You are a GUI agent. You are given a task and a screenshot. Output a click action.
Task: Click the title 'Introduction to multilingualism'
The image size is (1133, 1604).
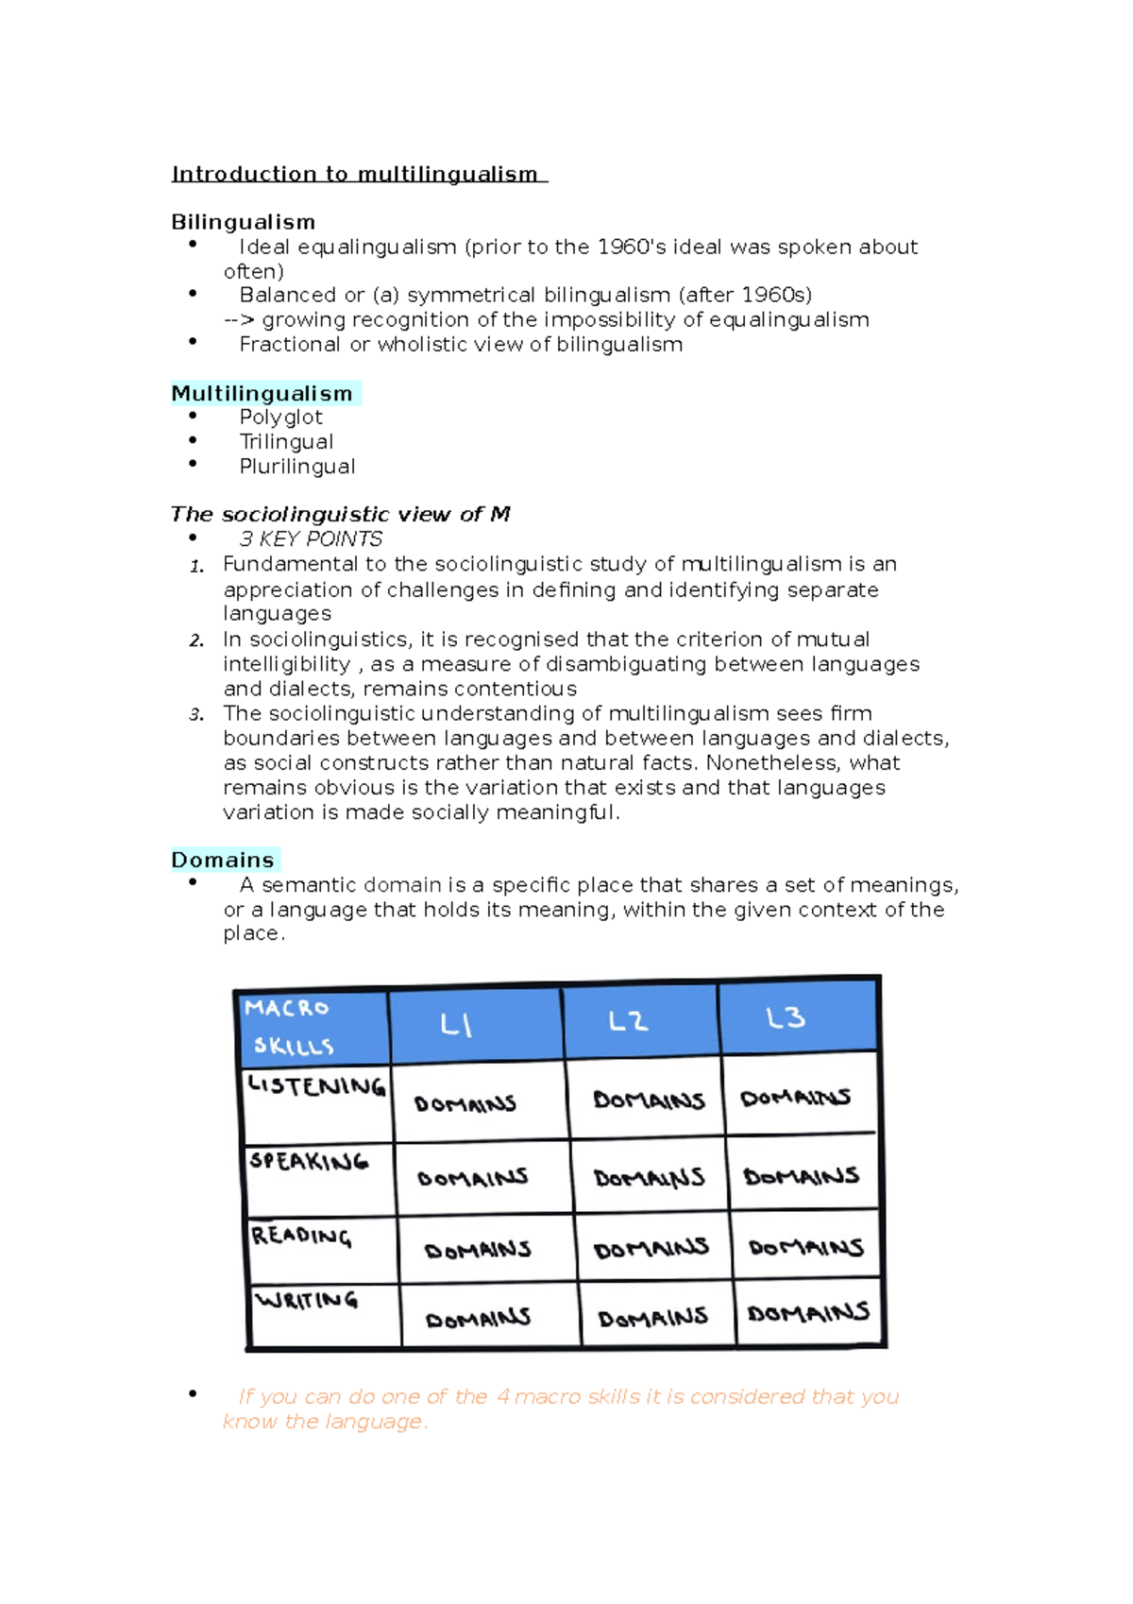tap(355, 174)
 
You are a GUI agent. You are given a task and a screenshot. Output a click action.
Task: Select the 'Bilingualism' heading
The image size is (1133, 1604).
tap(243, 222)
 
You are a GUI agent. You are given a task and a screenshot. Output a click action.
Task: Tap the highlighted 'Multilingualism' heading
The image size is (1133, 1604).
tap(262, 393)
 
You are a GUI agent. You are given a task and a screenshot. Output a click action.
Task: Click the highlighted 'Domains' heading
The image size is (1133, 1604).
tap(223, 860)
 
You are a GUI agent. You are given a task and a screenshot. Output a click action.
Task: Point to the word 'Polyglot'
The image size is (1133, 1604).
tap(280, 417)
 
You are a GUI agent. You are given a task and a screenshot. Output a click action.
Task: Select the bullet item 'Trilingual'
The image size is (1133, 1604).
tap(286, 441)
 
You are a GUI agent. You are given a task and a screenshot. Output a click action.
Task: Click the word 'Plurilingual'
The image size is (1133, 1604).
tap(297, 467)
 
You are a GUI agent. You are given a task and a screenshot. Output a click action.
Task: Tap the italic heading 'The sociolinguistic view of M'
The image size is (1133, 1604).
tap(340, 514)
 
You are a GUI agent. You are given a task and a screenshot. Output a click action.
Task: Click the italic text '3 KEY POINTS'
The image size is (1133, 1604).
tap(311, 538)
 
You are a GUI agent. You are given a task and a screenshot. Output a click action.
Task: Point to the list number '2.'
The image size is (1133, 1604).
tap(196, 640)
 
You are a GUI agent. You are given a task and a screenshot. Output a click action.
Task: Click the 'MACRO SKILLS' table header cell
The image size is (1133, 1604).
tap(312, 1027)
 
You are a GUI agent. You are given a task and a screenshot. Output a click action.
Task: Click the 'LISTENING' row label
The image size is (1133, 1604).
tap(316, 1086)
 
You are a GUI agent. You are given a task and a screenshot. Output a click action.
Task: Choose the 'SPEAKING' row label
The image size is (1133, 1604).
tap(309, 1161)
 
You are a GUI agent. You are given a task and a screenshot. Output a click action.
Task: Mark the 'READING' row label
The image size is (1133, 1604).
tap(301, 1236)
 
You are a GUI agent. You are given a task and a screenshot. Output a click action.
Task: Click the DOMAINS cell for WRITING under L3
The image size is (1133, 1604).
tap(808, 1313)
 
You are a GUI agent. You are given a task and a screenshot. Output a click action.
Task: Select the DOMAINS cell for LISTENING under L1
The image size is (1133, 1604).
tap(465, 1103)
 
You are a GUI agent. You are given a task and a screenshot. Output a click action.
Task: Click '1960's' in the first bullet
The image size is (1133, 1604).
tap(631, 247)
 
